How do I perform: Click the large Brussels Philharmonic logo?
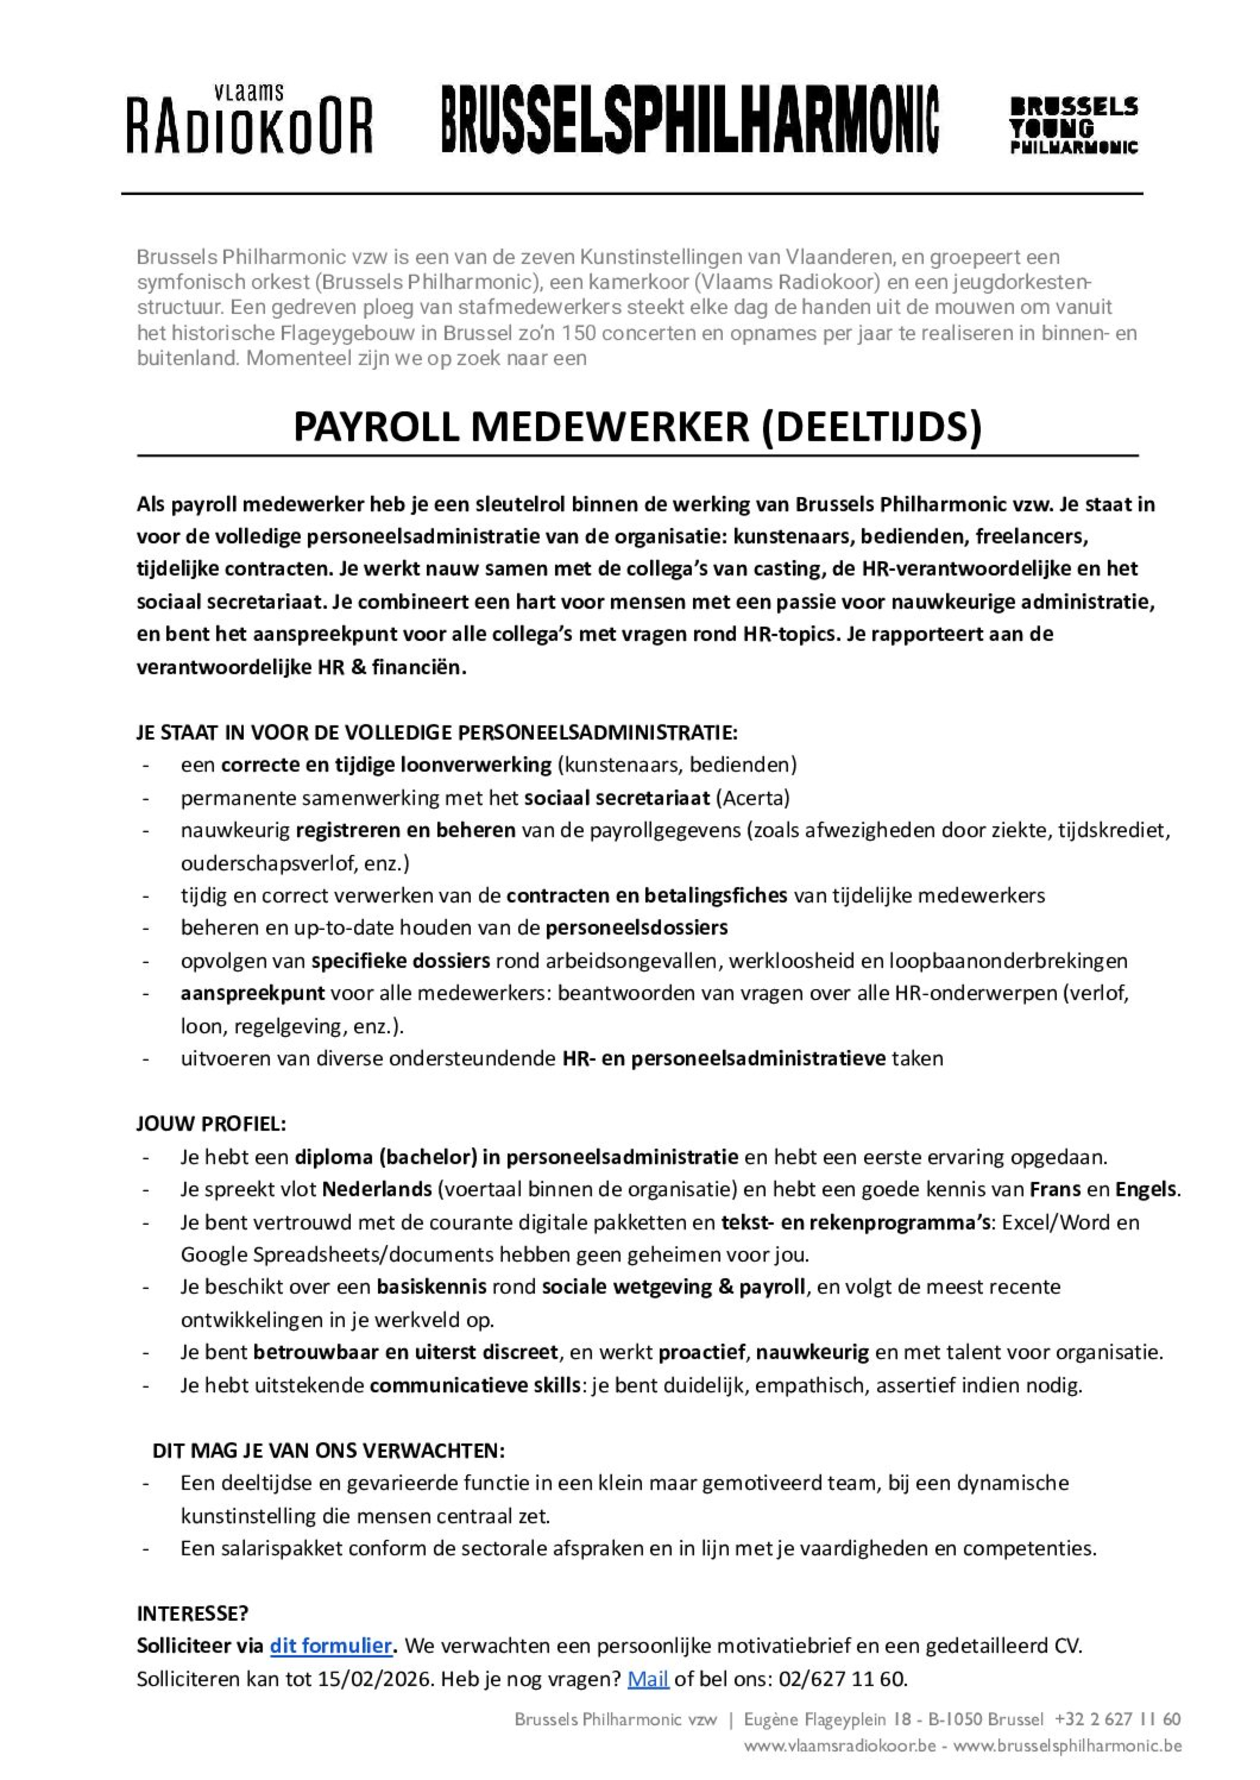point(690,120)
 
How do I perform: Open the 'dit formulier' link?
point(330,1645)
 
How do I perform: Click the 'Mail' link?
point(648,1679)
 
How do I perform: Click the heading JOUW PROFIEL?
point(211,1123)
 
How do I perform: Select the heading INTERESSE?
point(192,1613)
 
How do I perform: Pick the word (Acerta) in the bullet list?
point(752,797)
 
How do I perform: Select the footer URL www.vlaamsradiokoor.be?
point(840,1746)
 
